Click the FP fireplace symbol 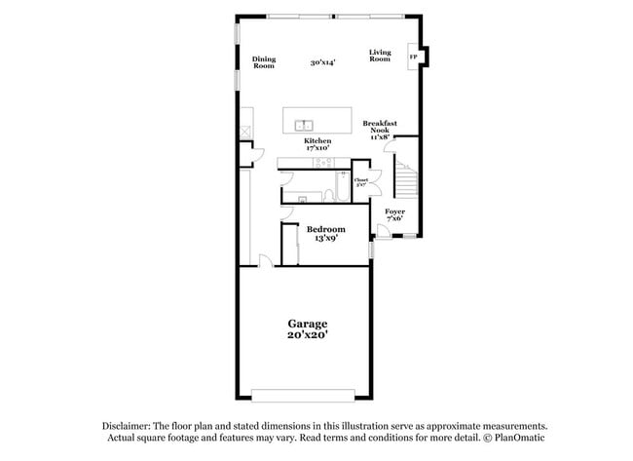(414, 58)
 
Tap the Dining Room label (264, 61)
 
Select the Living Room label (380, 56)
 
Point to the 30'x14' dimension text (322, 62)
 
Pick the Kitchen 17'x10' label (317, 144)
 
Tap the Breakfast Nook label (378, 131)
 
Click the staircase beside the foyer (403, 180)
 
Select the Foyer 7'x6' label (394, 214)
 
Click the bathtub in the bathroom (342, 185)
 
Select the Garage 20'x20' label (307, 328)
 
